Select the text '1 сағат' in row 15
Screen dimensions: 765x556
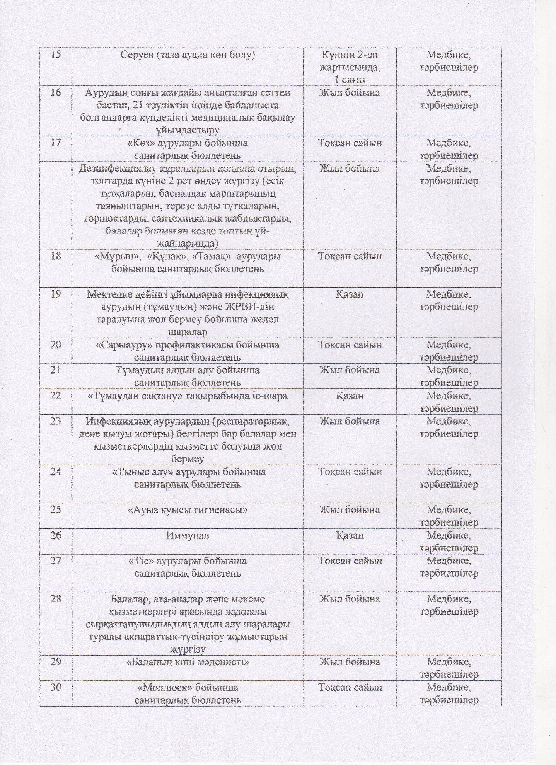(x=350, y=80)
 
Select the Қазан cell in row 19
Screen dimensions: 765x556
(x=350, y=294)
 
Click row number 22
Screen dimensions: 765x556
(x=56, y=395)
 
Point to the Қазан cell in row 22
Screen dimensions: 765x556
(x=350, y=395)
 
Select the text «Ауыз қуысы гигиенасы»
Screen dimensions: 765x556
(x=188, y=510)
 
